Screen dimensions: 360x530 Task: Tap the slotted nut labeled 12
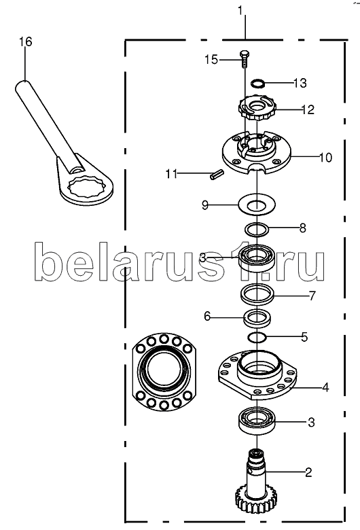(257, 108)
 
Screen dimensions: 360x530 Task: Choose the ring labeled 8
(247, 230)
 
